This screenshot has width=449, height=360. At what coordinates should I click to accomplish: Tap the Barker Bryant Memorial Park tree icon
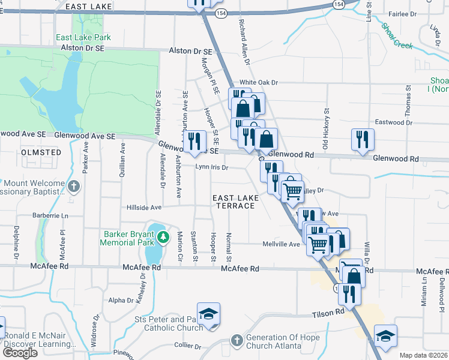click(x=162, y=239)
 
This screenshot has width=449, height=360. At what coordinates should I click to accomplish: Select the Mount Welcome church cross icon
click(x=74, y=186)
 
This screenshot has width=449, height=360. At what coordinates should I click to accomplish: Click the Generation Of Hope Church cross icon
click(x=237, y=340)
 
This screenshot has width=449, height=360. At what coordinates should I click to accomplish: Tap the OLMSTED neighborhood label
click(x=41, y=152)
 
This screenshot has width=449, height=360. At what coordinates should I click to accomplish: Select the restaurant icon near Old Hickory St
click(x=363, y=139)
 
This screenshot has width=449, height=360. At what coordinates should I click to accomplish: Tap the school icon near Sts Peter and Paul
click(x=208, y=314)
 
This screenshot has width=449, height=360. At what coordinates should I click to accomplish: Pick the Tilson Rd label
click(x=328, y=313)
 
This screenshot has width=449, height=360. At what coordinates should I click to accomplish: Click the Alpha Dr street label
click(x=120, y=301)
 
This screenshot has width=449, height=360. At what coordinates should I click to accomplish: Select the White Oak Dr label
click(x=259, y=83)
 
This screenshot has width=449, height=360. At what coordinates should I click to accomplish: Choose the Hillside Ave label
click(x=144, y=208)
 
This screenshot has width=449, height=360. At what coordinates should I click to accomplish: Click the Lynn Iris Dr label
click(x=212, y=168)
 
